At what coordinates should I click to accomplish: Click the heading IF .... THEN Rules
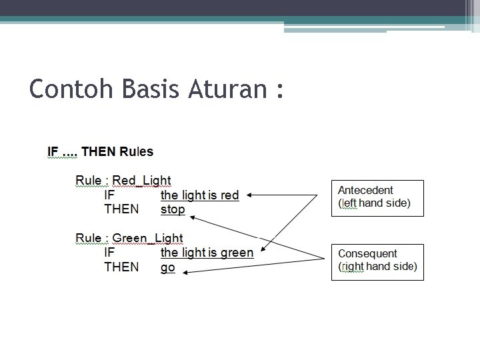pyautogui.click(x=100, y=151)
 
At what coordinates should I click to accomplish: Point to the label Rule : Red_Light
pyautogui.click(x=123, y=181)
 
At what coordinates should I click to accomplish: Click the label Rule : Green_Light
pyautogui.click(x=129, y=238)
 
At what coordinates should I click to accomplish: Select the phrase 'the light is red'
pyautogui.click(x=199, y=195)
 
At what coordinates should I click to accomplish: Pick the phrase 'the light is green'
pyautogui.click(x=207, y=253)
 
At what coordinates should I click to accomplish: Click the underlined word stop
pyautogui.click(x=173, y=209)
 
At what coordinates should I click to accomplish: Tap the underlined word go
pyautogui.click(x=167, y=267)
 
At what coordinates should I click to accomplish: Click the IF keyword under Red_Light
pyautogui.click(x=109, y=195)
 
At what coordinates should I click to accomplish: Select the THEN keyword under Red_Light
pyautogui.click(x=121, y=209)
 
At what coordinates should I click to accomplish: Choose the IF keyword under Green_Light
pyautogui.click(x=109, y=253)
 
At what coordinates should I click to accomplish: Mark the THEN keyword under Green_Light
pyautogui.click(x=121, y=267)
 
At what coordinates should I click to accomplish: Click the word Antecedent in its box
pyautogui.click(x=365, y=190)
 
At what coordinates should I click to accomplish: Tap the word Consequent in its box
pyautogui.click(x=367, y=253)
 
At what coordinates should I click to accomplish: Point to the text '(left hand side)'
pyautogui.click(x=374, y=203)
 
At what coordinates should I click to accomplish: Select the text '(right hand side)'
pyautogui.click(x=377, y=267)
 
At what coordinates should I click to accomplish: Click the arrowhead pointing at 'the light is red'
pyautogui.click(x=248, y=195)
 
